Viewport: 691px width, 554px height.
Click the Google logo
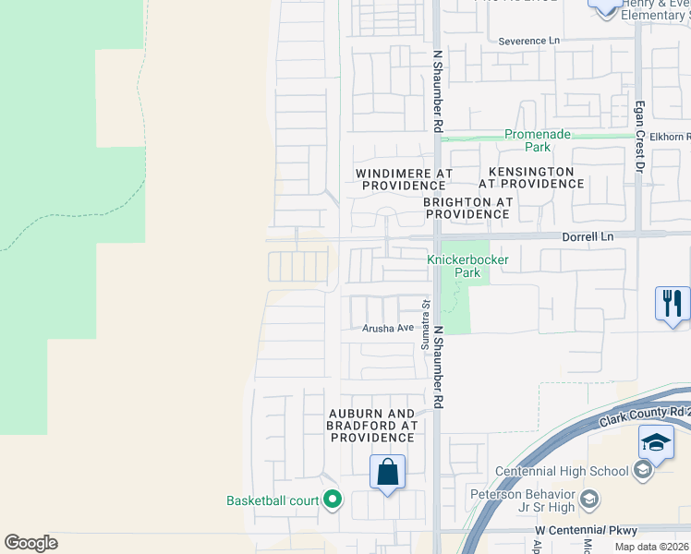click(x=30, y=543)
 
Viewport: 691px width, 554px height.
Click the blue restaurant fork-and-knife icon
click(x=673, y=304)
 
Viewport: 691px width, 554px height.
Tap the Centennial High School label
click(x=562, y=471)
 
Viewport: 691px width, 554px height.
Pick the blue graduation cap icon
click(x=656, y=442)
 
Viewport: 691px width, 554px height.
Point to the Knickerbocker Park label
click(x=467, y=267)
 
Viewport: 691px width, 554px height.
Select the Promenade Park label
click(x=539, y=140)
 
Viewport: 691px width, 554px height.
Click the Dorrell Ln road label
click(x=588, y=237)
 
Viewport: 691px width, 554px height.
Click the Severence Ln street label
click(x=529, y=42)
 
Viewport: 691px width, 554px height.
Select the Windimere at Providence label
click(x=405, y=179)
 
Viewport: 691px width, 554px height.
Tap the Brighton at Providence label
click(x=467, y=208)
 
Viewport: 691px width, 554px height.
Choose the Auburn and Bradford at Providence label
click(x=371, y=426)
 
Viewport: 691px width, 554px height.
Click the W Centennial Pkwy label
click(x=587, y=531)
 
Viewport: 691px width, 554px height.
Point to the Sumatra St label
click(x=427, y=315)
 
